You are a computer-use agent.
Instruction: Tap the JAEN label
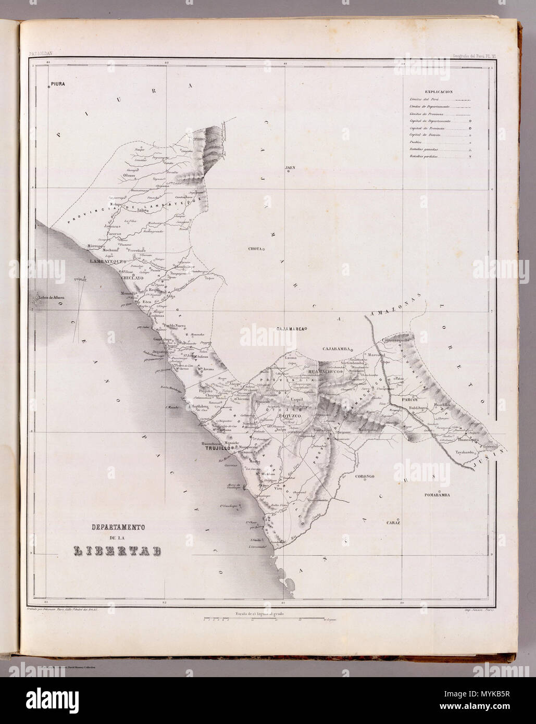pyautogui.click(x=290, y=168)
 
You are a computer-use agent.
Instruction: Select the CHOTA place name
pyautogui.click(x=255, y=249)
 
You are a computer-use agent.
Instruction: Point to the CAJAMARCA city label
pyautogui.click(x=290, y=329)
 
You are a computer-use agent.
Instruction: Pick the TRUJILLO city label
pyautogui.click(x=217, y=447)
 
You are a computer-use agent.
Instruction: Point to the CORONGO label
pyautogui.click(x=366, y=477)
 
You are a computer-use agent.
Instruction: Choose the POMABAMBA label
pyautogui.click(x=441, y=494)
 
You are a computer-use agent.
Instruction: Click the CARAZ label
pyautogui.click(x=392, y=522)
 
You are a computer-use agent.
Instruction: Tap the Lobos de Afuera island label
pyautogui.click(x=50, y=298)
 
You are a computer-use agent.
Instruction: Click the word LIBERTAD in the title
pyautogui.click(x=116, y=551)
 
